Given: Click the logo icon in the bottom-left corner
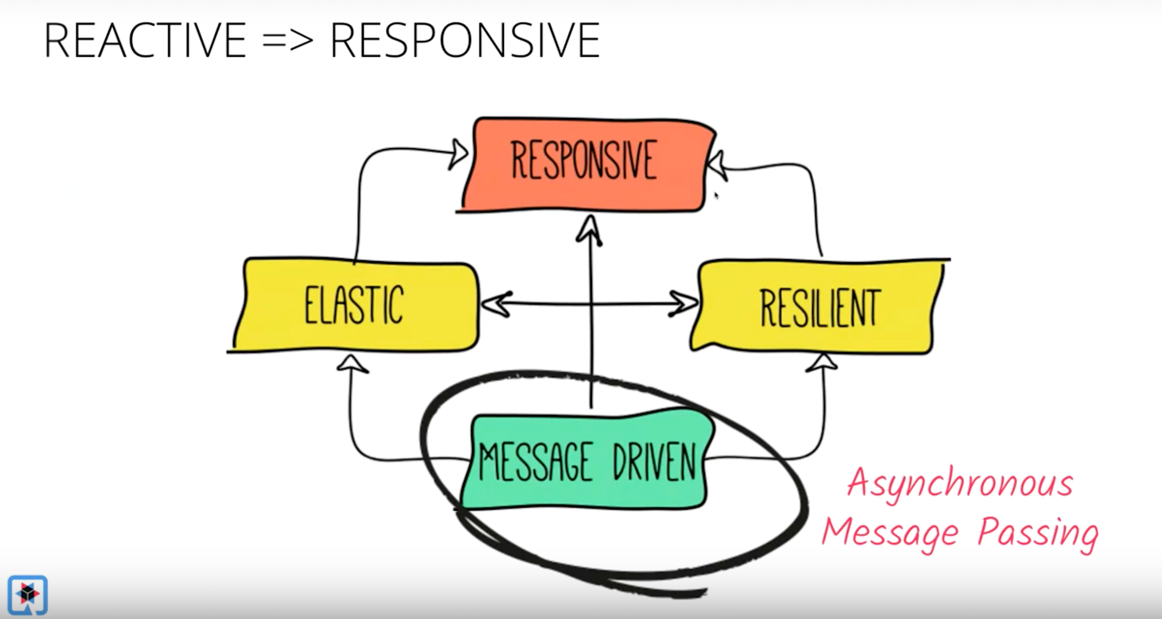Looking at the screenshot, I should (28, 594).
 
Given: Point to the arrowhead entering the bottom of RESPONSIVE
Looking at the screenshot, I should (590, 230).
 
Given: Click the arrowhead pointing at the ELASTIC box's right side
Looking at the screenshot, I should (497, 304).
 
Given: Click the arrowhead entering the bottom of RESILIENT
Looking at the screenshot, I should (822, 364).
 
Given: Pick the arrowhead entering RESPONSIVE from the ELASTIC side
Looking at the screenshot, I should (458, 154).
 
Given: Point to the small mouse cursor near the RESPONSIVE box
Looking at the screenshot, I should (716, 196).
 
